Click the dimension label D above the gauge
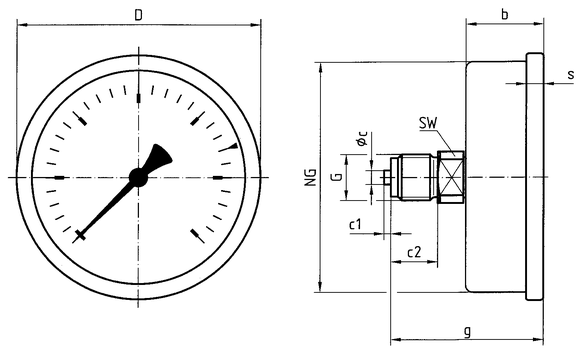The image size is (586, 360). (138, 16)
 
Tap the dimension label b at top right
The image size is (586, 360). (504, 14)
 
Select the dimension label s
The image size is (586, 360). (570, 74)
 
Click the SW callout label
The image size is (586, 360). (428, 123)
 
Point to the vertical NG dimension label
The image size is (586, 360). (311, 177)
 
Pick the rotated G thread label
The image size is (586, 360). (337, 176)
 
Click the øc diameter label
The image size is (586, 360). (362, 138)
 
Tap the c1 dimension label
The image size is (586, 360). (355, 224)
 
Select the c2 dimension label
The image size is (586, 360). (414, 252)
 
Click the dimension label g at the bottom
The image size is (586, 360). (467, 331)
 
